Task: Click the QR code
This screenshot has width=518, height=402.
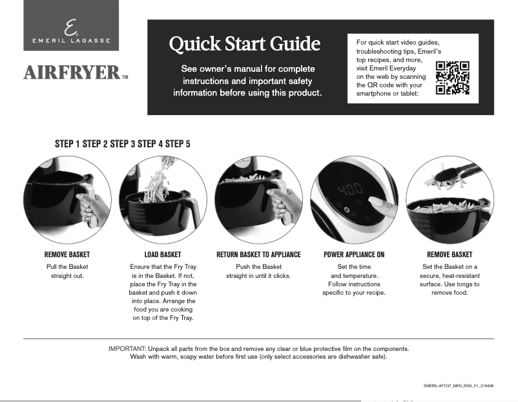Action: tap(452, 78)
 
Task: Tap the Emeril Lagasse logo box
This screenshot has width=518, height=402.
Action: tap(71, 25)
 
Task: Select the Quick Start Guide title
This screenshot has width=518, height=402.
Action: tap(244, 44)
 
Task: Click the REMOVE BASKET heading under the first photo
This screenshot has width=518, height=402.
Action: tap(67, 255)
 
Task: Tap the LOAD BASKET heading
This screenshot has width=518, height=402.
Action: tap(163, 255)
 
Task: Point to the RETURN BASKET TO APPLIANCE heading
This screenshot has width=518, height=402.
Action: tap(258, 255)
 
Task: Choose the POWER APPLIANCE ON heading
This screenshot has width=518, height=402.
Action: tap(354, 255)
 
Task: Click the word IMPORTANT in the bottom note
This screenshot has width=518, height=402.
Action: tap(127, 348)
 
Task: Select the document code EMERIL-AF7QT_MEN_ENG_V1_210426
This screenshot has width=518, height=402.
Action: tap(459, 386)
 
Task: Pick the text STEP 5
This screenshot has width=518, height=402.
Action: tap(178, 144)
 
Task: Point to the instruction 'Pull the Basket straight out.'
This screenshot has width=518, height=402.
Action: tap(67, 271)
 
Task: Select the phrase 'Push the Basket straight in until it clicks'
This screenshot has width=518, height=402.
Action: tap(258, 271)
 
